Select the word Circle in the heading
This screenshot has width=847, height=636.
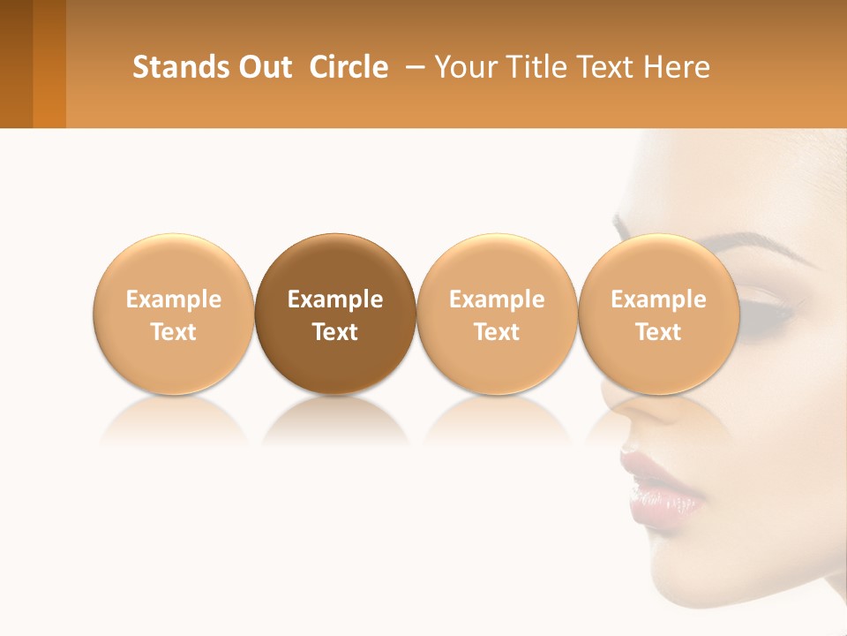coord(349,67)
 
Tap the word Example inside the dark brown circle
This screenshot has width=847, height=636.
coord(335,299)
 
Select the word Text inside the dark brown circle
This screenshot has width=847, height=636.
coord(335,332)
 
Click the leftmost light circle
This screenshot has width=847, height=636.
coord(173,265)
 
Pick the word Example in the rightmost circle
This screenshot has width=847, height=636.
coord(658,299)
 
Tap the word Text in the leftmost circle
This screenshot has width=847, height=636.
coord(173,332)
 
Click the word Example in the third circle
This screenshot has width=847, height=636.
coord(497,299)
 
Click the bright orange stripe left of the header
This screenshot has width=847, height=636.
coord(49,64)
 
